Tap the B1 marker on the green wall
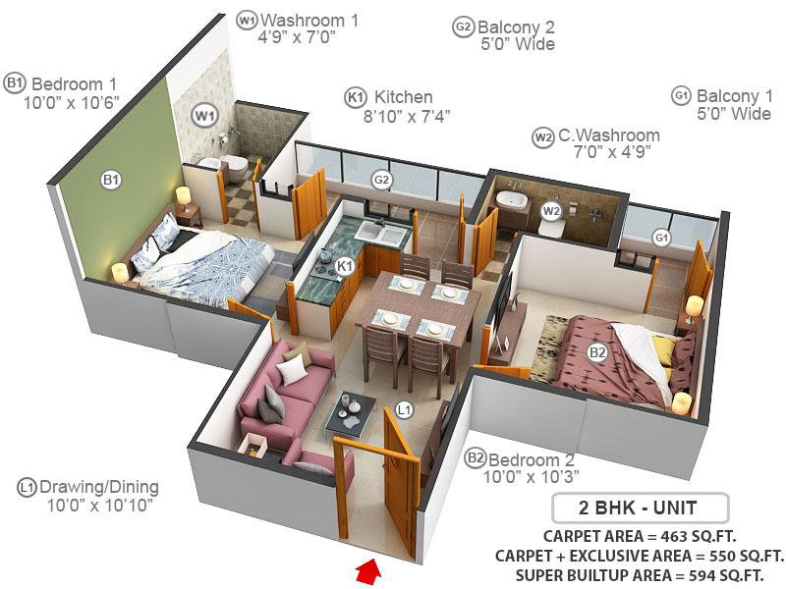point(111,179)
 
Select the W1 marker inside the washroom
point(203,116)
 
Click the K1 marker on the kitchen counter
point(344,265)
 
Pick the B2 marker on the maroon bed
point(596,352)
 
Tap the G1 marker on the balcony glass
point(661,238)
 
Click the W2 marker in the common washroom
point(551,210)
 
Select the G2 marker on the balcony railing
point(381,180)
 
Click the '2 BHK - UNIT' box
point(640,509)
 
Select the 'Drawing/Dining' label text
point(100,487)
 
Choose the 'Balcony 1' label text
point(728,96)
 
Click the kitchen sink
point(381,232)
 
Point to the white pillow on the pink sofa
point(292,370)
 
